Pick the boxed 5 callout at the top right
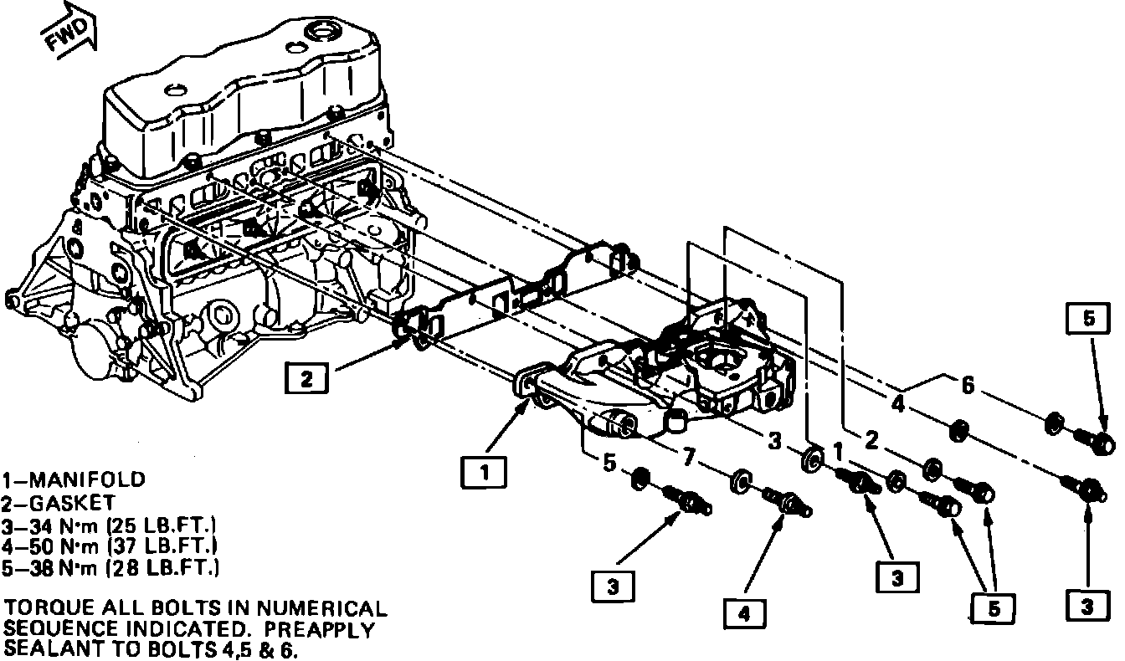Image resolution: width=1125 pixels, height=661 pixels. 1086,318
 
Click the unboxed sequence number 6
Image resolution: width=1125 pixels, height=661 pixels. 968,386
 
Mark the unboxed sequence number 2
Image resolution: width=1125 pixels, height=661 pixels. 871,438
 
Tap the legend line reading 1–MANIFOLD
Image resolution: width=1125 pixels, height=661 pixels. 74,480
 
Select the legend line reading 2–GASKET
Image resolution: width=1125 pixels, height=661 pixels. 61,503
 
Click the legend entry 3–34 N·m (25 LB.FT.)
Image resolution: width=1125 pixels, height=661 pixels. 110,525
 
